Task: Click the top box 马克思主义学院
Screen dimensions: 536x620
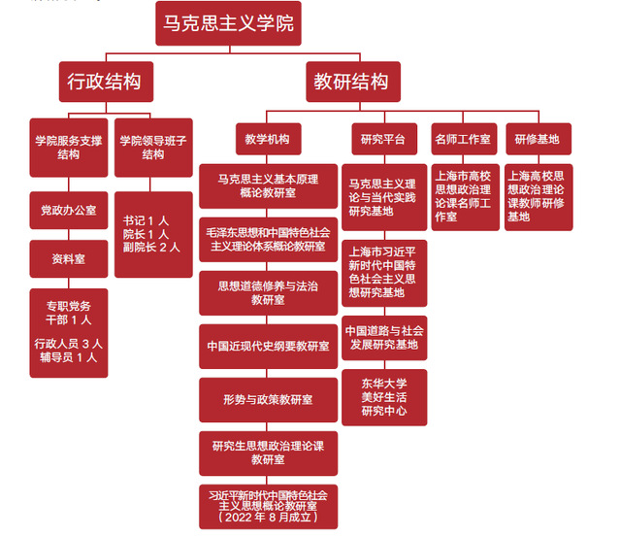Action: (x=228, y=23)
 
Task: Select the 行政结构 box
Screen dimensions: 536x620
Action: (x=106, y=82)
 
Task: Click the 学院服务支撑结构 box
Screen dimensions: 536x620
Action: (x=69, y=147)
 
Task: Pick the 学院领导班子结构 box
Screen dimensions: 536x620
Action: (x=153, y=147)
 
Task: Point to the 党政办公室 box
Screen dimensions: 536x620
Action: (x=69, y=210)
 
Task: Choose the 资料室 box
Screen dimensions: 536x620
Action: (x=69, y=258)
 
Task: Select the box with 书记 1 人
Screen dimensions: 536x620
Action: (x=153, y=234)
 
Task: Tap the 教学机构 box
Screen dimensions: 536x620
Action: (x=268, y=139)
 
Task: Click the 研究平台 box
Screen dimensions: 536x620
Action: (x=382, y=139)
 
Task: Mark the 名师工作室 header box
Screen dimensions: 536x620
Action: (x=464, y=139)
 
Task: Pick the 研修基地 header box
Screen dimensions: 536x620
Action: (x=538, y=139)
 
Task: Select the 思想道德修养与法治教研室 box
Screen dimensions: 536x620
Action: (x=268, y=293)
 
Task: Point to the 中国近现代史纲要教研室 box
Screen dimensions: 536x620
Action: (x=268, y=346)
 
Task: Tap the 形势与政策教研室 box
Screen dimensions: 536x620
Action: (x=268, y=399)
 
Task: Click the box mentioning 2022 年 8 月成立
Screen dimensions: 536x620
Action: (x=268, y=506)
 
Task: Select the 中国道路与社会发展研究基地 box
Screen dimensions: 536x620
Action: (x=382, y=337)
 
